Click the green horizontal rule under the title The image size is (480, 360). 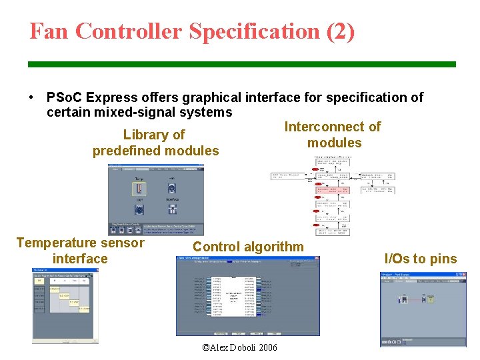(241, 64)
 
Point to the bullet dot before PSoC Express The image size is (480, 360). (32, 98)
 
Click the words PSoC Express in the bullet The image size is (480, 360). (89, 98)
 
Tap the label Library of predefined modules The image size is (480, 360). (155, 143)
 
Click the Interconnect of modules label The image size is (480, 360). (333, 135)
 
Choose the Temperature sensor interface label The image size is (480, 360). (80, 251)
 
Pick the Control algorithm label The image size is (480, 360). (248, 247)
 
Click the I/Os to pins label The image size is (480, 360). (421, 259)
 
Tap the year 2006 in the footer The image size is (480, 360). (267, 348)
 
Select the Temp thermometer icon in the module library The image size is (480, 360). (139, 189)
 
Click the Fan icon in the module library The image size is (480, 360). (172, 189)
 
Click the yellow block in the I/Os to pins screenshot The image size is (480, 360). (430, 299)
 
